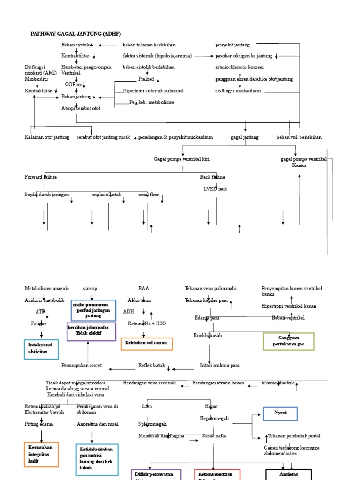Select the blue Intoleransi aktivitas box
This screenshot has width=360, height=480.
coord(41,349)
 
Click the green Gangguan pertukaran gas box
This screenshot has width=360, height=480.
coord(289,341)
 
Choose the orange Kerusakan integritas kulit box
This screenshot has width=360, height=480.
coord(41,454)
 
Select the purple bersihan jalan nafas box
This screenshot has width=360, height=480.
coord(91,331)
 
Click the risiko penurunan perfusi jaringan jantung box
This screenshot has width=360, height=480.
coord(93,310)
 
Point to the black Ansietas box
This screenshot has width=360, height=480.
coord(288,474)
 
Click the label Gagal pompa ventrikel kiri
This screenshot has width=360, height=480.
coord(181,159)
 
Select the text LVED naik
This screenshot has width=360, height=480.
coord(215,188)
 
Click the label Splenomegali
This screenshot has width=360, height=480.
coord(152,424)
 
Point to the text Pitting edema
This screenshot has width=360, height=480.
coord(39,424)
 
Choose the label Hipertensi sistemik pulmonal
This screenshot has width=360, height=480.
coord(153,90)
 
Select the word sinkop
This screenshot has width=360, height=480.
coord(90,288)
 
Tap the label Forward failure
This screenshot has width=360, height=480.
coord(41,177)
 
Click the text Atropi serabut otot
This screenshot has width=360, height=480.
coord(81,108)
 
